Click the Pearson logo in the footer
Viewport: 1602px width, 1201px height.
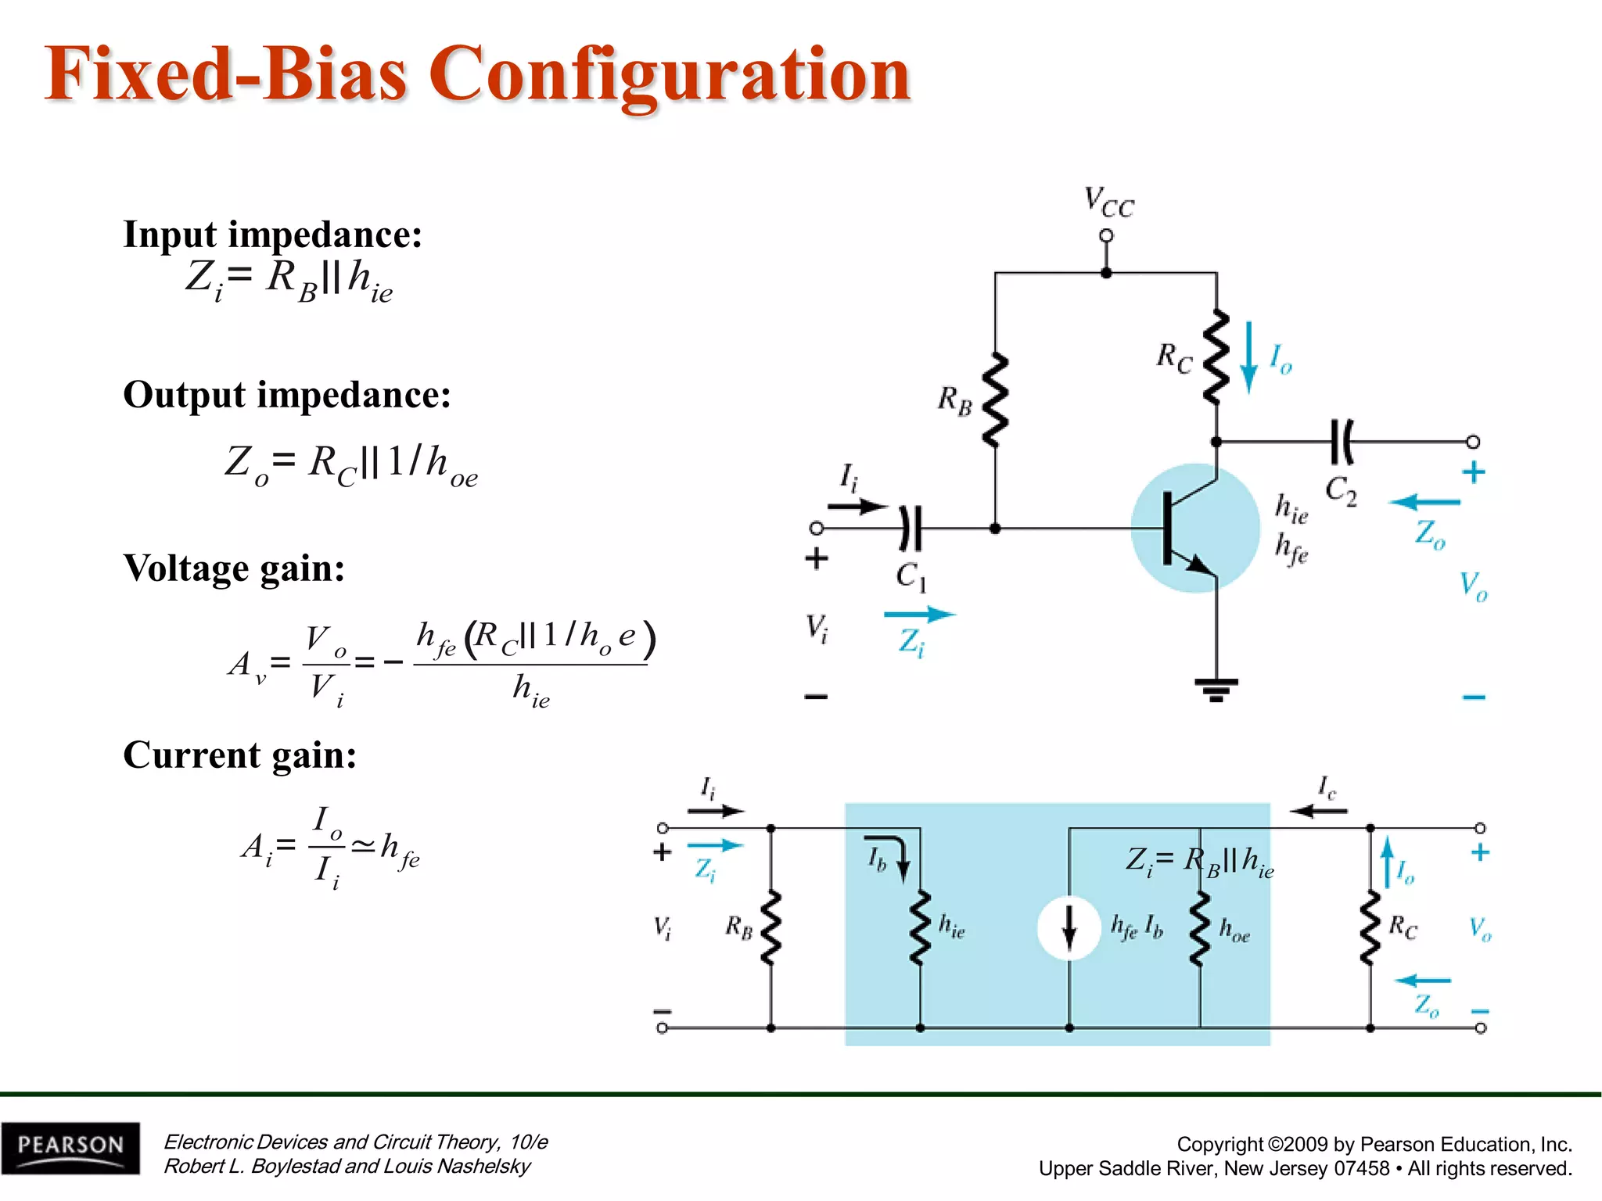coord(70,1147)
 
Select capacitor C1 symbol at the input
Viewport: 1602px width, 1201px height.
coord(911,529)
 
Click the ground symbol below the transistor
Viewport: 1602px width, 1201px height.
coord(1216,689)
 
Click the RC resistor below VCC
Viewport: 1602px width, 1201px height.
coord(1216,358)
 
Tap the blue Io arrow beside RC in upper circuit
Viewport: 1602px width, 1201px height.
coord(1249,357)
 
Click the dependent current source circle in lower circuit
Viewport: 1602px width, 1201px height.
coord(1069,928)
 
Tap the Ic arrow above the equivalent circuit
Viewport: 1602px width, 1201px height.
coord(1319,811)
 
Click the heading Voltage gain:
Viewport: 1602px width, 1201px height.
coord(234,568)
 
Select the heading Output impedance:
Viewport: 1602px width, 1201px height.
coord(287,394)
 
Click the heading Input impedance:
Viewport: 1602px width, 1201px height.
coord(273,235)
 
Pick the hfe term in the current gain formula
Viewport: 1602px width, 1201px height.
coord(400,848)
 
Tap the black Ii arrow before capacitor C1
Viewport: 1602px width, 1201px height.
coord(858,507)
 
